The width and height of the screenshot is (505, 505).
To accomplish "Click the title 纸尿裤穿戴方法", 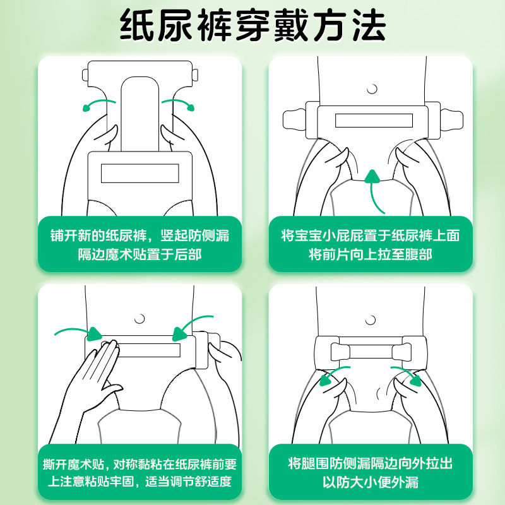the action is pos(253,25).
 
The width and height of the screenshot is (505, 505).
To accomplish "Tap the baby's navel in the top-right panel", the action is pos(372,89).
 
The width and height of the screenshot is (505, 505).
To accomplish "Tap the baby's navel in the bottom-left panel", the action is pos(140,319).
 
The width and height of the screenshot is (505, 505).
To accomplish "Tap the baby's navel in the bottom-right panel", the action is pos(371,320).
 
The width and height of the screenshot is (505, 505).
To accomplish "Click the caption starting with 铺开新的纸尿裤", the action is pos(140,245).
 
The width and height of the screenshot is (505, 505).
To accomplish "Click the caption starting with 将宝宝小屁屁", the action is pos(371,245).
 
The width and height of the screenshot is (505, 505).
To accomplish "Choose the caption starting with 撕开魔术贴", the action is pos(140,472).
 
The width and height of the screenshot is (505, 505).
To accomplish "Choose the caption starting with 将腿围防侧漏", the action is pos(371,472).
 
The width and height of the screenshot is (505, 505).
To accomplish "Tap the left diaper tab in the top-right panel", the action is pos(294,119).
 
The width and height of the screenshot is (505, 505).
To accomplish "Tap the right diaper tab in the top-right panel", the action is pos(451,119).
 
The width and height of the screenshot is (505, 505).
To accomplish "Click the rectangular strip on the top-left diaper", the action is pos(140,173).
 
